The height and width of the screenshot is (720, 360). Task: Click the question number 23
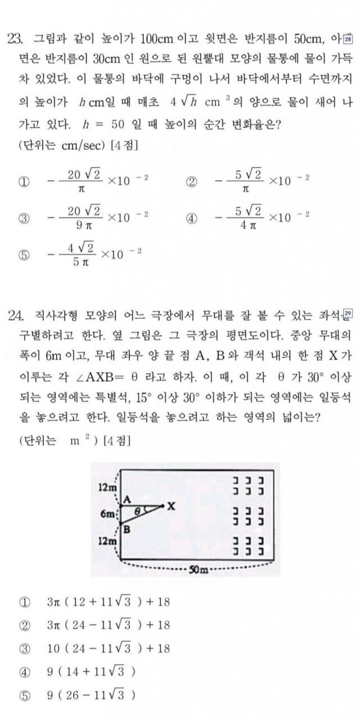(15, 39)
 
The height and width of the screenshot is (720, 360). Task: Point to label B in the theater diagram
(127, 529)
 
